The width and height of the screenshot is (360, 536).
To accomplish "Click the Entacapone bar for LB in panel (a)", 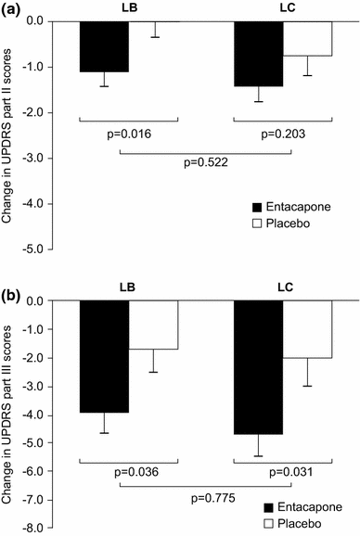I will tap(104, 46).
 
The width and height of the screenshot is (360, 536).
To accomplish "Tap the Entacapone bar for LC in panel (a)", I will tap(258, 54).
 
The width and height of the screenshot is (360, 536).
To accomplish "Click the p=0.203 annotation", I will tap(281, 134).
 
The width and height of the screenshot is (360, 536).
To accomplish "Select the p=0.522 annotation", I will tap(204, 162).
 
